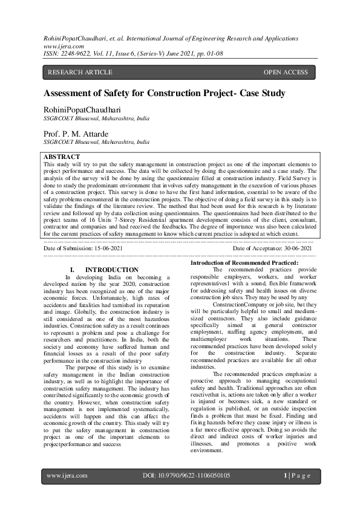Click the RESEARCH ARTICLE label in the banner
point(80,73)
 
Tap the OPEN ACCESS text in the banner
point(286,73)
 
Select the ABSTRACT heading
point(62,157)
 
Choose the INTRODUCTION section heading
point(112,270)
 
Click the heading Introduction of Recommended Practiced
point(244,262)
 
